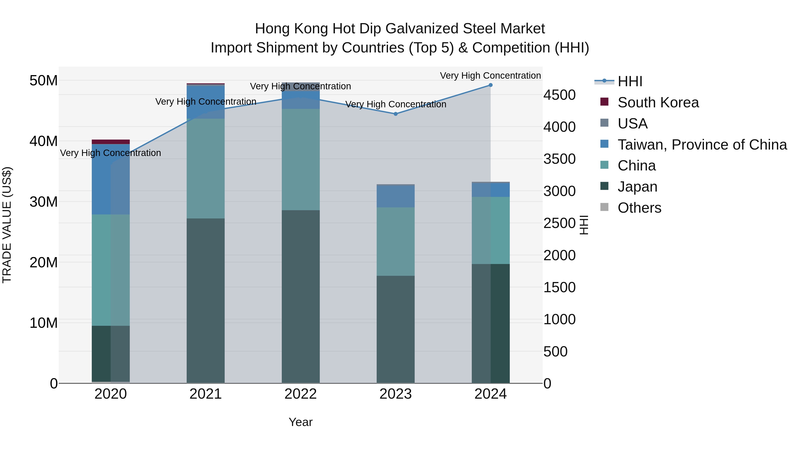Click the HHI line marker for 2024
490,85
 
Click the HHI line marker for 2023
395,114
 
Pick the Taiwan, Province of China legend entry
702,145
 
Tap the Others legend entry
639,208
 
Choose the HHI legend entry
630,81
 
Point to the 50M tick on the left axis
44,81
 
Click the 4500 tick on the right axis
559,95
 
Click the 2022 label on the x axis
300,394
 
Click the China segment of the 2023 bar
395,241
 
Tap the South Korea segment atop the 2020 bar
111,142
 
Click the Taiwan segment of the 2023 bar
395,196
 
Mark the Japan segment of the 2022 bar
300,297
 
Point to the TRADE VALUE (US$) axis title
7,225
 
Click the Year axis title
300,422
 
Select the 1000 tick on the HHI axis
559,319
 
